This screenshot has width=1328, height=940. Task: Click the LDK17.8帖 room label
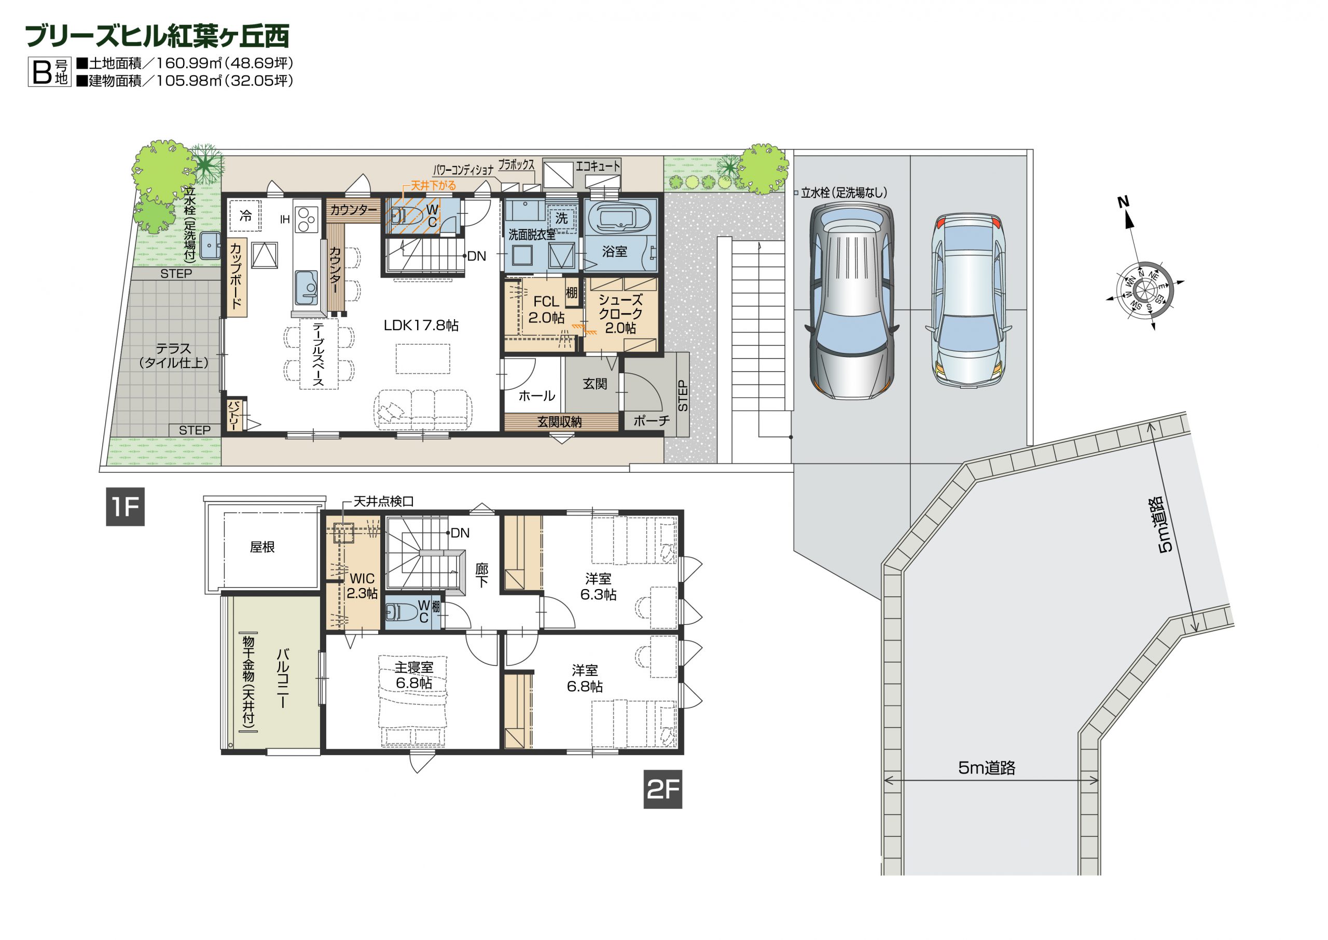(x=421, y=325)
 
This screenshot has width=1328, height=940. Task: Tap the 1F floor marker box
(x=125, y=507)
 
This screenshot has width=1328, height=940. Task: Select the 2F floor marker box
(x=663, y=789)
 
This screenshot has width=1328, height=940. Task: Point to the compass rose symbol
(x=1144, y=290)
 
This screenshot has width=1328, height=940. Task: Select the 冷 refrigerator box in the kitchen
(x=246, y=216)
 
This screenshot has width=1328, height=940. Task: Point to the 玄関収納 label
(x=559, y=422)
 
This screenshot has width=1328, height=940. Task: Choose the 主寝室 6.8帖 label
(x=413, y=675)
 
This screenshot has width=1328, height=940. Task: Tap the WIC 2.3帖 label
(x=362, y=586)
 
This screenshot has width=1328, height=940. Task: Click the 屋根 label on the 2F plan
(x=262, y=547)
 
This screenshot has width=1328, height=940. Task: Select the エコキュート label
(x=598, y=166)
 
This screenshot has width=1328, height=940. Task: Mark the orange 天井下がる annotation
(x=433, y=185)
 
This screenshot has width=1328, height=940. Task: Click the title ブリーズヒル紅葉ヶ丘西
(x=157, y=36)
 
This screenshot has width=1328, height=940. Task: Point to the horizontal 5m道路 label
(x=987, y=768)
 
